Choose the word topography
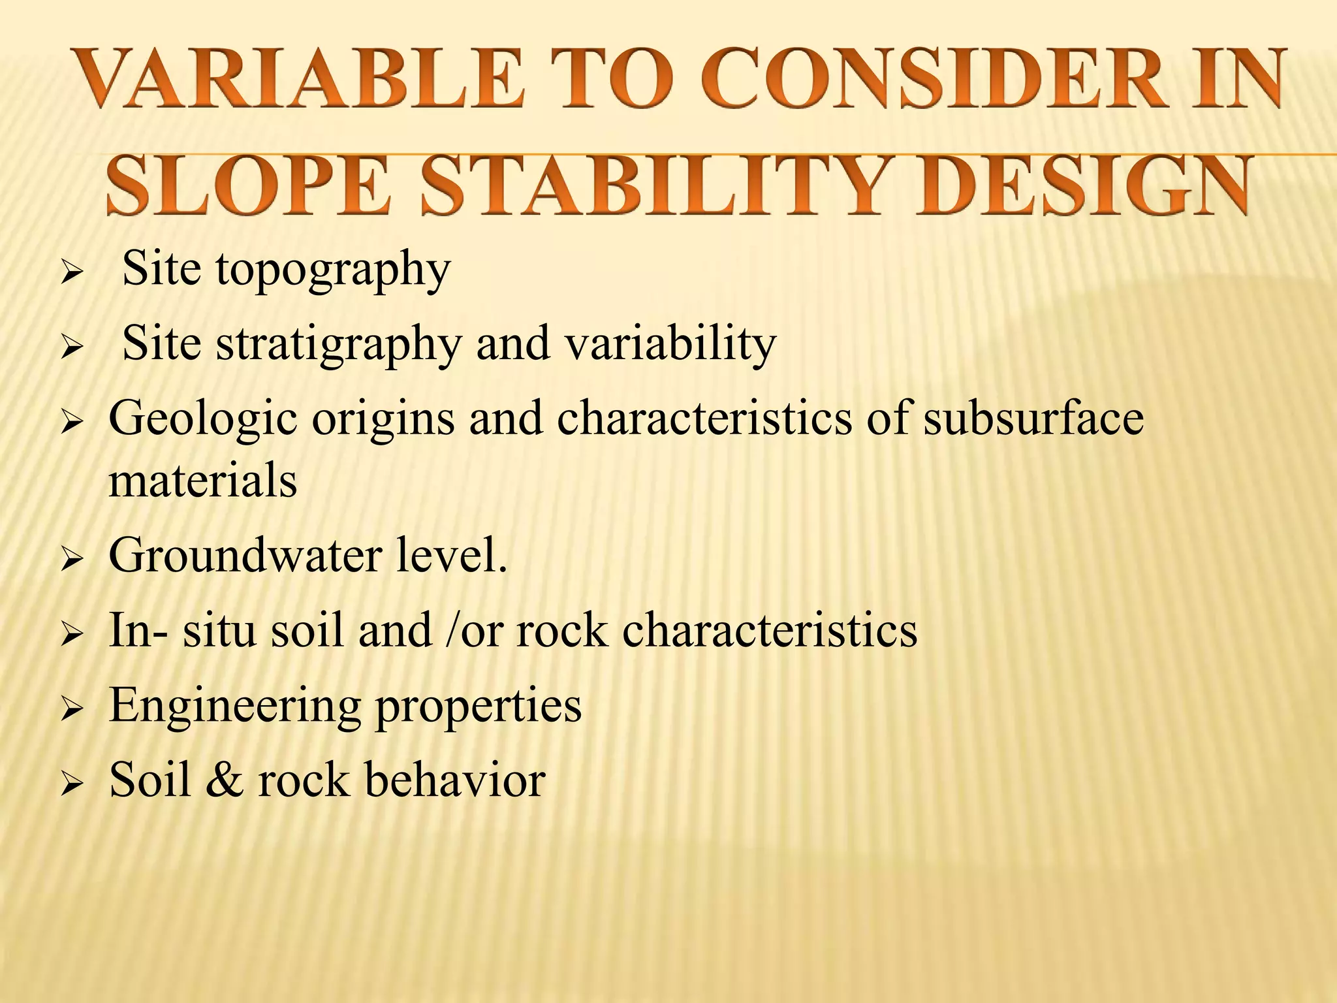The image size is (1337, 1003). [333, 270]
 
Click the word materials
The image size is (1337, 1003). [202, 480]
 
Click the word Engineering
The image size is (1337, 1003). [234, 707]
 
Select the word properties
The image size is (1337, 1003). [478, 707]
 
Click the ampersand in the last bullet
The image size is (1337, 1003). [225, 780]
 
